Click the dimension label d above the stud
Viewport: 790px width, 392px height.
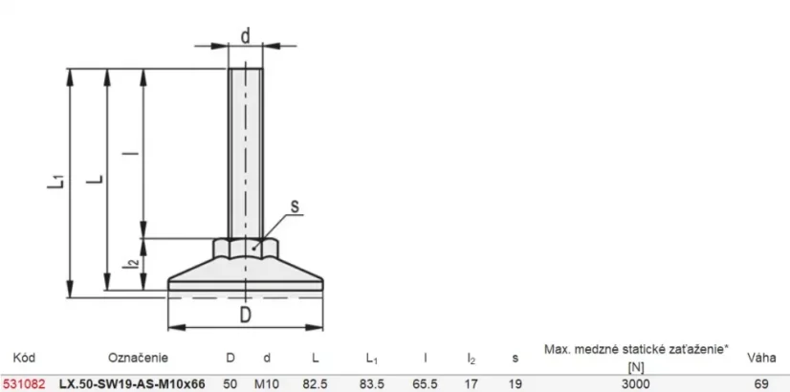[246, 36]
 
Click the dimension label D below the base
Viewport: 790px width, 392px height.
[246, 315]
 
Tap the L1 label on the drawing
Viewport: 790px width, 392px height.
[56, 182]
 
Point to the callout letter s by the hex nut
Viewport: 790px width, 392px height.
[295, 206]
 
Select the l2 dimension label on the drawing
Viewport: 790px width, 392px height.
[131, 263]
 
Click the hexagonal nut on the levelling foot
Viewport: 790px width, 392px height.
[246, 248]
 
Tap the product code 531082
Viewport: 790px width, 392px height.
[24, 384]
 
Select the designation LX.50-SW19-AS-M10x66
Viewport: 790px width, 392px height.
[133, 384]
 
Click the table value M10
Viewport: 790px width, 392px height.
[267, 384]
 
